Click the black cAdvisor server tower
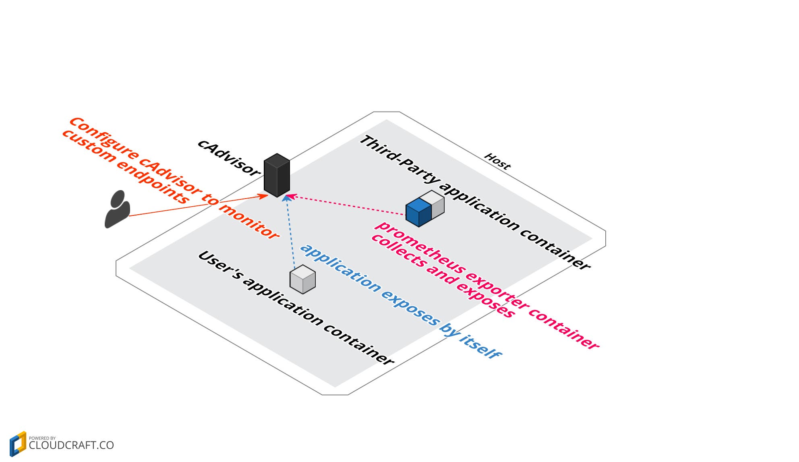277,175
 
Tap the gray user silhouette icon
117,210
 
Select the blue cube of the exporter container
418,212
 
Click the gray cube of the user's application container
302,279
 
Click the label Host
497,162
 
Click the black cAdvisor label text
228,158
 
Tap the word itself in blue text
480,346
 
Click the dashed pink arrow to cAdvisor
346,205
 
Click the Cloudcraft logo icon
18,444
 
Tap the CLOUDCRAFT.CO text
71,445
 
